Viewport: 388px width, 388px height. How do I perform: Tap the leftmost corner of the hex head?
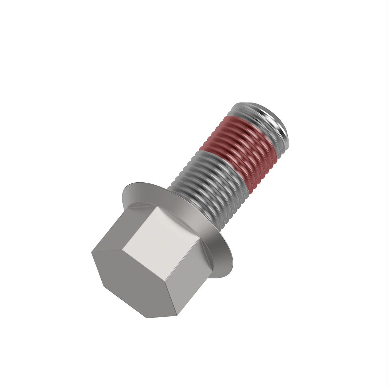[92, 252]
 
